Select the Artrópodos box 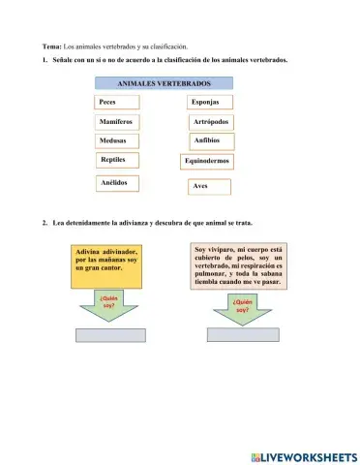tap(211, 121)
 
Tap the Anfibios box tap(209, 141)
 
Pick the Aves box tap(209, 186)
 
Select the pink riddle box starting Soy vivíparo tap(238, 267)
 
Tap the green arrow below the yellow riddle tap(107, 309)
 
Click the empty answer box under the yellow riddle tap(108, 336)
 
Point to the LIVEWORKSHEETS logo tap(303, 455)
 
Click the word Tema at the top tap(51, 46)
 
